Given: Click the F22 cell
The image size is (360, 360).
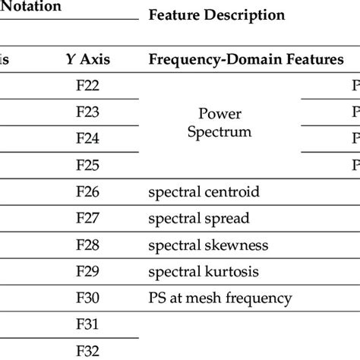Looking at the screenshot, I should (88, 86).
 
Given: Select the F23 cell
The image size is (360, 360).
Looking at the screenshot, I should (88, 112).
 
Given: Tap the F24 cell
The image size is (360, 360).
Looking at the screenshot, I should (88, 138).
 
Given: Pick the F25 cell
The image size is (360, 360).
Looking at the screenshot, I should (88, 165).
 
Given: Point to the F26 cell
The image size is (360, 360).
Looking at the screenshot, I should (88, 191).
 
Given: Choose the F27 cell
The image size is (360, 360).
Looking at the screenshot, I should (88, 218).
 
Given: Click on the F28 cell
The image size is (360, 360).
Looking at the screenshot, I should (88, 245).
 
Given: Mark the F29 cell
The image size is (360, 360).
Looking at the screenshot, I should (88, 271).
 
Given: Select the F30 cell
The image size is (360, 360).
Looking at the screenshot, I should (88, 298).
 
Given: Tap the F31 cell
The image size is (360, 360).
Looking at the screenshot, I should (88, 324).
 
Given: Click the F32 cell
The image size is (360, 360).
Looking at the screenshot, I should (88, 351).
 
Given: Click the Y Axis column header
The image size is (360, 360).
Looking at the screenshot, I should (88, 59).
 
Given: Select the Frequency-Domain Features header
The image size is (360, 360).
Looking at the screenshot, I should (245, 59).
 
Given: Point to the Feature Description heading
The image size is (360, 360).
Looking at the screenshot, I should (216, 14).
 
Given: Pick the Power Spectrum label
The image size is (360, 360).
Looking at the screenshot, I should (219, 122).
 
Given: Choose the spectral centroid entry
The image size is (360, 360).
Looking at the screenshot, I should (204, 191).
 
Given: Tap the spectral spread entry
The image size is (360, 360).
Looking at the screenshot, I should (198, 218).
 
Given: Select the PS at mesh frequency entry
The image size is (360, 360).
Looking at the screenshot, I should (219, 298).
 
